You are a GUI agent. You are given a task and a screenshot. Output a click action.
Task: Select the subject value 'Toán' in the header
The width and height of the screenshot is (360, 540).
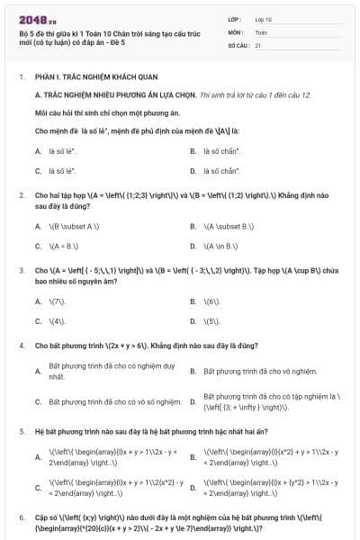(261, 31)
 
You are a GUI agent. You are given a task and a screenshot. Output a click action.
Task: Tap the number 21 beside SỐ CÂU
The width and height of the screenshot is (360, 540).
(258, 44)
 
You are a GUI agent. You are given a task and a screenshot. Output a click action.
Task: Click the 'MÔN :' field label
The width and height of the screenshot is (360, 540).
(237, 31)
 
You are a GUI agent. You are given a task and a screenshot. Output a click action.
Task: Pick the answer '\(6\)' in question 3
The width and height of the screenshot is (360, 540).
(212, 301)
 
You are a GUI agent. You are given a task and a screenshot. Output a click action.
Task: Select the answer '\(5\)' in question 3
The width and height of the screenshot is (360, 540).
(212, 320)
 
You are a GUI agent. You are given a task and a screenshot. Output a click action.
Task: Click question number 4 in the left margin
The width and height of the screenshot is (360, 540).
(21, 345)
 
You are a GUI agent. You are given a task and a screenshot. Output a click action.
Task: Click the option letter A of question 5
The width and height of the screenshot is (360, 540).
(38, 457)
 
